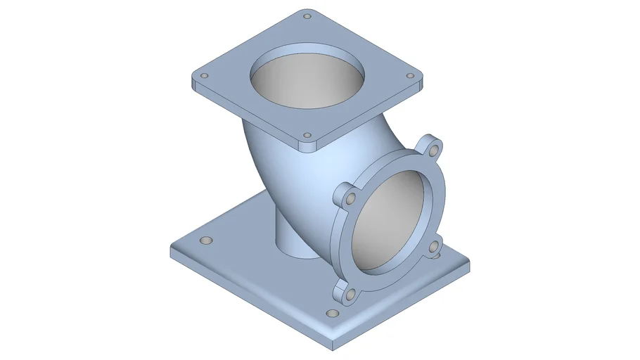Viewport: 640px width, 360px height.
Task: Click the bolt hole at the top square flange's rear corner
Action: click(306, 15)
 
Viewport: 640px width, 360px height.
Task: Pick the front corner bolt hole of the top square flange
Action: click(307, 135)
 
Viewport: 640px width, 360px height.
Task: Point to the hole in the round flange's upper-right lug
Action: click(435, 150)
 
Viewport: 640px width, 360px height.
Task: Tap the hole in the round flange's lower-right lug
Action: click(434, 247)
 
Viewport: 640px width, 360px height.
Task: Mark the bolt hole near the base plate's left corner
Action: click(205, 241)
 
